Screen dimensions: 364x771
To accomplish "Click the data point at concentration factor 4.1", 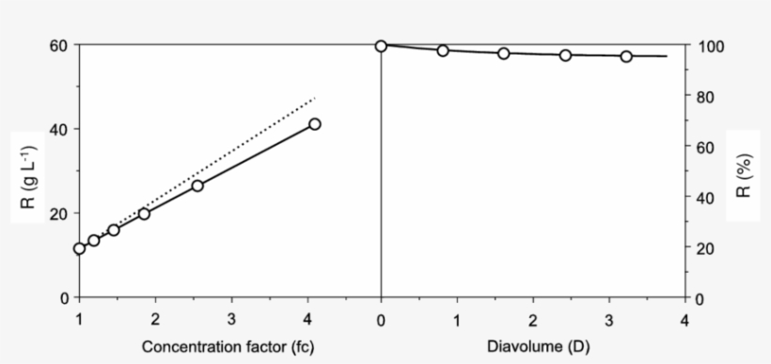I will (x=315, y=124).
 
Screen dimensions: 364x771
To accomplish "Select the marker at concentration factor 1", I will (x=80, y=248).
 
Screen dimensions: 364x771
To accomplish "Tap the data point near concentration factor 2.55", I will (x=197, y=185).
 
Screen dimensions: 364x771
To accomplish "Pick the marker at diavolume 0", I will (x=381, y=46).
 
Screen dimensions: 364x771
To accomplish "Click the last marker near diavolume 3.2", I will (x=626, y=56).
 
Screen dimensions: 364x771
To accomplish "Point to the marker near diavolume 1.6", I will (x=504, y=54).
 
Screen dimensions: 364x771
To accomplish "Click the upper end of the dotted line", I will (x=316, y=96).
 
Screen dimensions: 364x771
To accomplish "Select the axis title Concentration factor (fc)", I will (x=228, y=347).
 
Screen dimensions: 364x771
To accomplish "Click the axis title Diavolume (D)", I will (x=532, y=347).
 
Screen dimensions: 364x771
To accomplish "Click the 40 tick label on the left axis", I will (x=63, y=129).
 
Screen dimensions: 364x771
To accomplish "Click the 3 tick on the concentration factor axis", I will (x=231, y=320).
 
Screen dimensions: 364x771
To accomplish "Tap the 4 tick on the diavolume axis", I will (x=684, y=320).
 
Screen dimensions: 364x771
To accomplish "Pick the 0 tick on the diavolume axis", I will (x=381, y=320).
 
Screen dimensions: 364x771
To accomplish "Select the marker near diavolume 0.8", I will (x=443, y=51).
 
